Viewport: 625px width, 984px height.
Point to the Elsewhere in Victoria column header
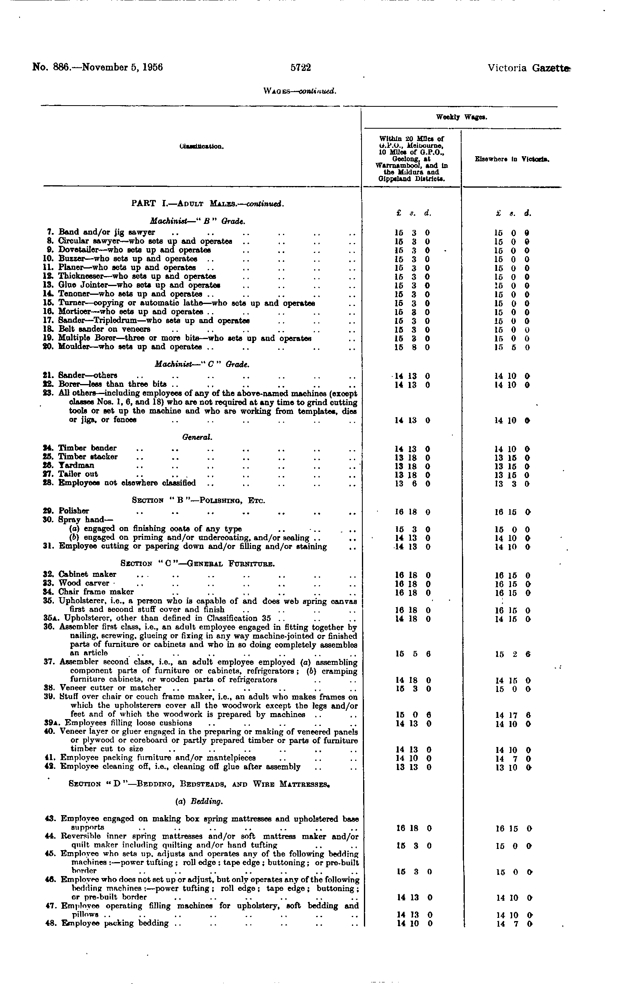512,159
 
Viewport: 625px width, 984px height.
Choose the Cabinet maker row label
87,574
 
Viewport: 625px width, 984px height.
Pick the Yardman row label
76,465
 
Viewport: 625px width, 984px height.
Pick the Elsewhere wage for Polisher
513,512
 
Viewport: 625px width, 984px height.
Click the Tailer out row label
78,474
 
